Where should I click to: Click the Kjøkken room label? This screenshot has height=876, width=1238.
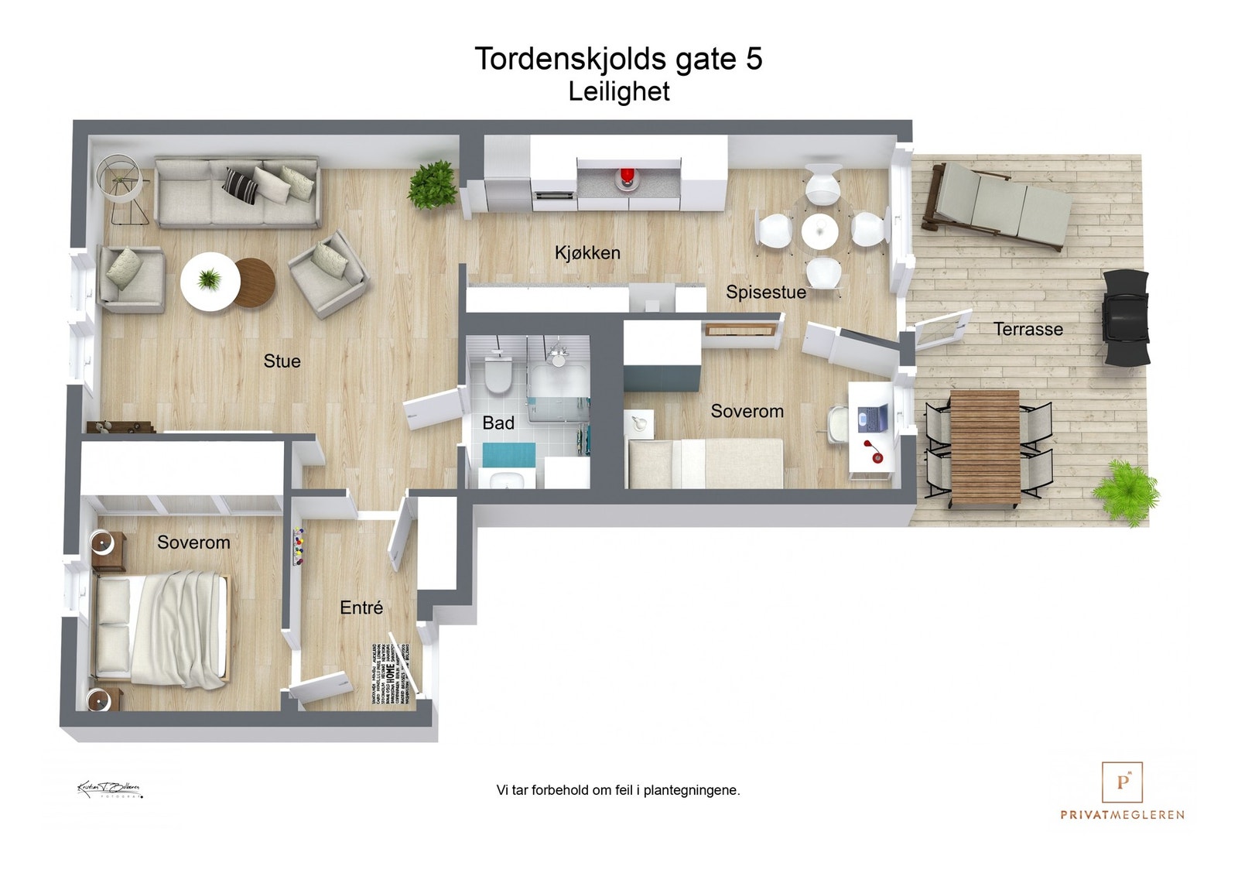587,253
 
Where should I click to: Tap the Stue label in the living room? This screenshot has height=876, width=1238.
282,361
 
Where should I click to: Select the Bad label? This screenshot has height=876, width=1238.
498,423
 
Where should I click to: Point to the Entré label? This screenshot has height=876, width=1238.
361,608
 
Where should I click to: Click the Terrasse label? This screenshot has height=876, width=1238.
1028,330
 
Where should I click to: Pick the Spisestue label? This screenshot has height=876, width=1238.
765,293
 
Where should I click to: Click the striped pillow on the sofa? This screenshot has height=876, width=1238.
241,185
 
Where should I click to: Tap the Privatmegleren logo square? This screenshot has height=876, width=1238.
1122,782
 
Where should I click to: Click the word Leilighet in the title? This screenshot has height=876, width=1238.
618,91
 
